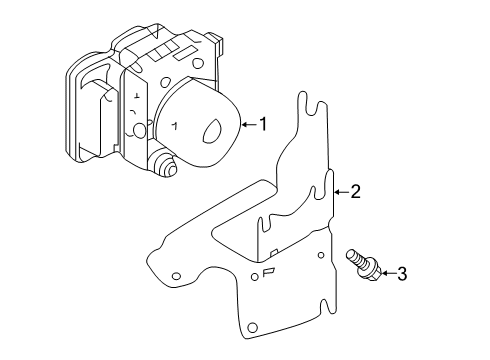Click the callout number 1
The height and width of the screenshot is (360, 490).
pos(263,125)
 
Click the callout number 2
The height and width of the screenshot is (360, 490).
pos(354,192)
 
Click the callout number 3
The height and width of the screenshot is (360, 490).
pos(401,272)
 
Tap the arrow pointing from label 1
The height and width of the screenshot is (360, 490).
pos(248,125)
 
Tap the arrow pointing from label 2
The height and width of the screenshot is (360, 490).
pos(339,192)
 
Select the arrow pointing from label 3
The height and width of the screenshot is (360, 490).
pos(387,272)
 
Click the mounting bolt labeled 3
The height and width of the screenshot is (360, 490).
pos(365,265)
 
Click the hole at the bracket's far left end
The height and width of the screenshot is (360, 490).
pos(176,275)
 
